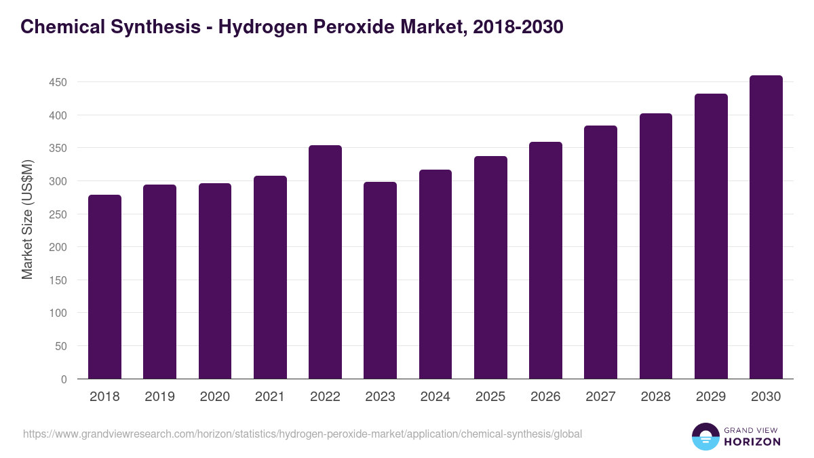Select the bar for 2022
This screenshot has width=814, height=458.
pyautogui.click(x=325, y=262)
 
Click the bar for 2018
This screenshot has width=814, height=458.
pyautogui.click(x=104, y=286)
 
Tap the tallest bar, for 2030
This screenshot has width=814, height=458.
pyautogui.click(x=766, y=227)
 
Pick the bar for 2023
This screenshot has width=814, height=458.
pyautogui.click(x=380, y=280)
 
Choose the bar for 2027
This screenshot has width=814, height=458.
pyautogui.click(x=600, y=252)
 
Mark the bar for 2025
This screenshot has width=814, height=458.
pyautogui.click(x=490, y=267)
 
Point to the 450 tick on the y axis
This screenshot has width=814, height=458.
pyautogui.click(x=58, y=82)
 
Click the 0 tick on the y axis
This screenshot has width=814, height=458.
pyautogui.click(x=64, y=379)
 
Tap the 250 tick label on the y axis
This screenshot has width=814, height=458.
pyautogui.click(x=58, y=214)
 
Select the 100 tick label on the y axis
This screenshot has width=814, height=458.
pyautogui.click(x=58, y=313)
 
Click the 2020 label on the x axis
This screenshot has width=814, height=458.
pyautogui.click(x=214, y=397)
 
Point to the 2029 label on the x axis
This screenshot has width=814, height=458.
pyautogui.click(x=711, y=397)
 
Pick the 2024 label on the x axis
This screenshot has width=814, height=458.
pyautogui.click(x=435, y=397)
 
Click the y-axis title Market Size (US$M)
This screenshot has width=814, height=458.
pyautogui.click(x=27, y=220)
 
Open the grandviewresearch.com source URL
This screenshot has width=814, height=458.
pyautogui.click(x=303, y=434)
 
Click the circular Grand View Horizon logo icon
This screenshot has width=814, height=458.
pyautogui.click(x=705, y=436)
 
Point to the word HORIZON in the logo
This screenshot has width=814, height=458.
pyautogui.click(x=752, y=442)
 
